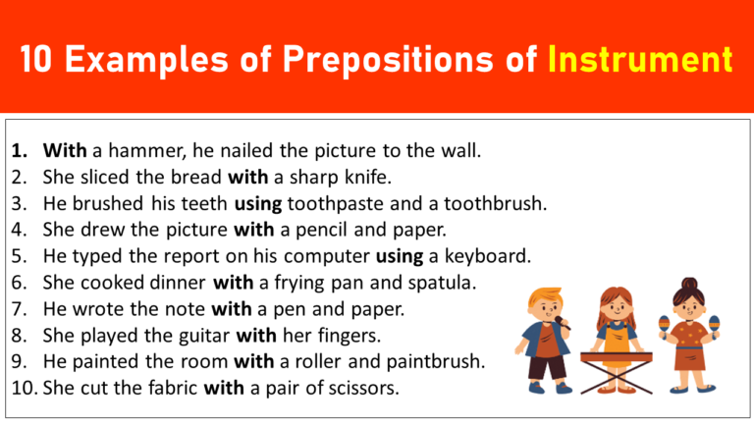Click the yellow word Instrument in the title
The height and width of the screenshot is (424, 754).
coord(641,60)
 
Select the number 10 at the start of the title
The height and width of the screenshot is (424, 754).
coord(44,60)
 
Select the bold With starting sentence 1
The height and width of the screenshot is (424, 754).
coord(65,151)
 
